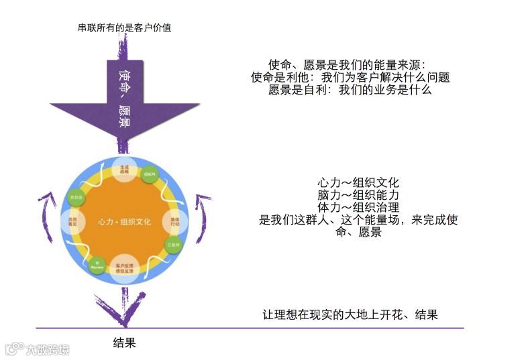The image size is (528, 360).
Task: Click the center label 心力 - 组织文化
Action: pyautogui.click(x=125, y=221)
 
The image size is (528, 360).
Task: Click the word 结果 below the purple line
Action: pyautogui.click(x=125, y=343)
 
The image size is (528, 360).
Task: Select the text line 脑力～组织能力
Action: pyautogui.click(x=358, y=195)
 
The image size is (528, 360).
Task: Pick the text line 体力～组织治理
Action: pyautogui.click(x=358, y=207)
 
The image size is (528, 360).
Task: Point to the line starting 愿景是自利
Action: pyautogui.click(x=349, y=89)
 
